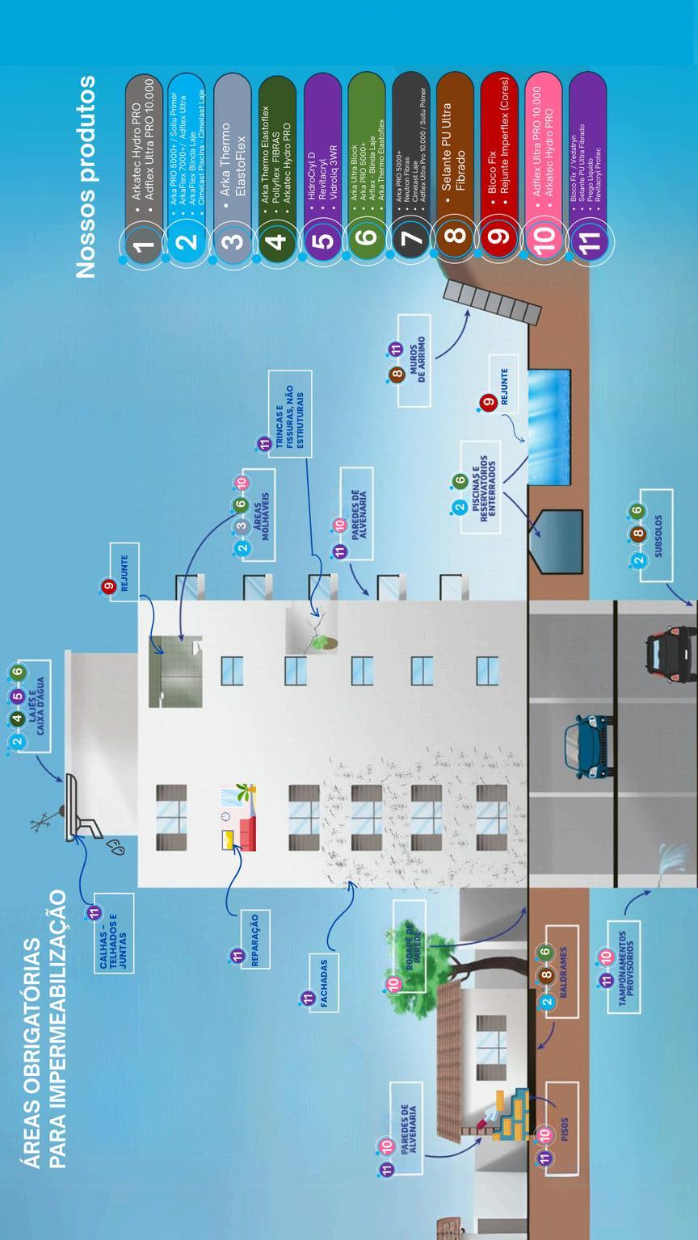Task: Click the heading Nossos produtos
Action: (86, 177)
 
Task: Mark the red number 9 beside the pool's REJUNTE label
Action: (487, 402)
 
